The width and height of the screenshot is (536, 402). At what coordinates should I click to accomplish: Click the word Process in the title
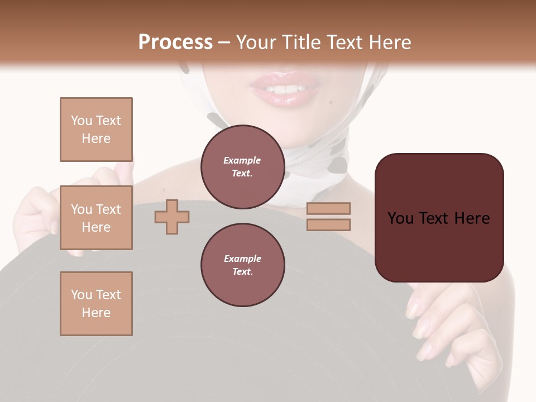click(x=175, y=42)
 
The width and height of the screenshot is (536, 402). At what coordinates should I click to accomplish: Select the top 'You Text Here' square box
click(x=96, y=130)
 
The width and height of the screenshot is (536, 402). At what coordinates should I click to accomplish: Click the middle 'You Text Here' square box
click(x=96, y=218)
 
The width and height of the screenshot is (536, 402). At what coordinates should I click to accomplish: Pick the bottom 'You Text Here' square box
click(x=96, y=304)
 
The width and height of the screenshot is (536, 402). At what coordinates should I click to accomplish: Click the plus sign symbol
click(x=172, y=217)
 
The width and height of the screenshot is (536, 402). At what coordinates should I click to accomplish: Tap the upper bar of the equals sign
click(x=328, y=208)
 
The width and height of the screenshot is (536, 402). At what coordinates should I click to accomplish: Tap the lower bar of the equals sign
click(x=328, y=224)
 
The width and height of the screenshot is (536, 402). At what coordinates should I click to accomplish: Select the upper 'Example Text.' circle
click(x=242, y=166)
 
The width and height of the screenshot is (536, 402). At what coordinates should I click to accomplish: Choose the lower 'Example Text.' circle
click(x=242, y=265)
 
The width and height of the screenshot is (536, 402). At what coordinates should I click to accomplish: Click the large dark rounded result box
click(x=439, y=218)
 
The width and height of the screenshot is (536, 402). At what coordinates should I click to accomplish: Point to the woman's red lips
click(x=285, y=90)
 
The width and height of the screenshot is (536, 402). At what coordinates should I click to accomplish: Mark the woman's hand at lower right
click(x=447, y=329)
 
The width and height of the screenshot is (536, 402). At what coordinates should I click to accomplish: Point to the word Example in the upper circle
click(x=242, y=160)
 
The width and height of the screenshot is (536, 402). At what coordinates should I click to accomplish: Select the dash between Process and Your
click(x=224, y=42)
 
